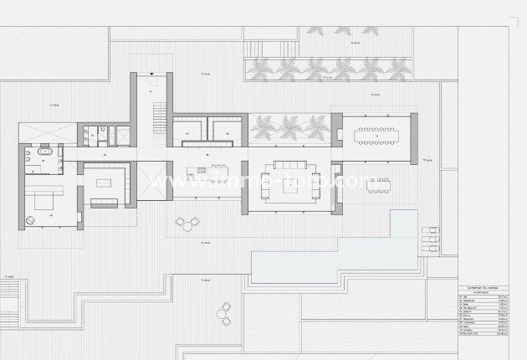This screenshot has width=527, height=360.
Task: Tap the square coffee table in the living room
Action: [289, 188]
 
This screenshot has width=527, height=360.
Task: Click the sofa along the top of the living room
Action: [289, 165]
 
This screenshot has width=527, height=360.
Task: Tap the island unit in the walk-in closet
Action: [104, 182]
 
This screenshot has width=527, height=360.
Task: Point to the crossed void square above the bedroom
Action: [38, 132]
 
